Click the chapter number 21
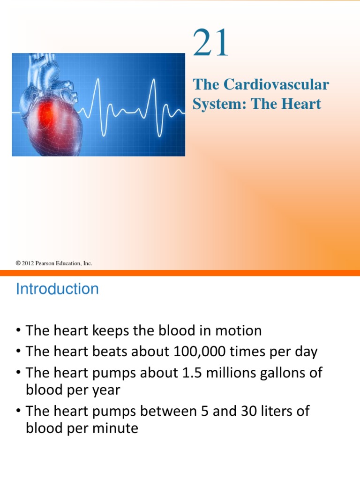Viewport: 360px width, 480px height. [x=211, y=44]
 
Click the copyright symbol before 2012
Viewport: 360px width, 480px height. [x=18, y=263]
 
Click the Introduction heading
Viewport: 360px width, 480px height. [x=57, y=289]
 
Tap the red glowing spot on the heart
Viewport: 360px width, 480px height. [x=46, y=112]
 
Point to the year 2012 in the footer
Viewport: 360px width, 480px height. [x=28, y=263]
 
